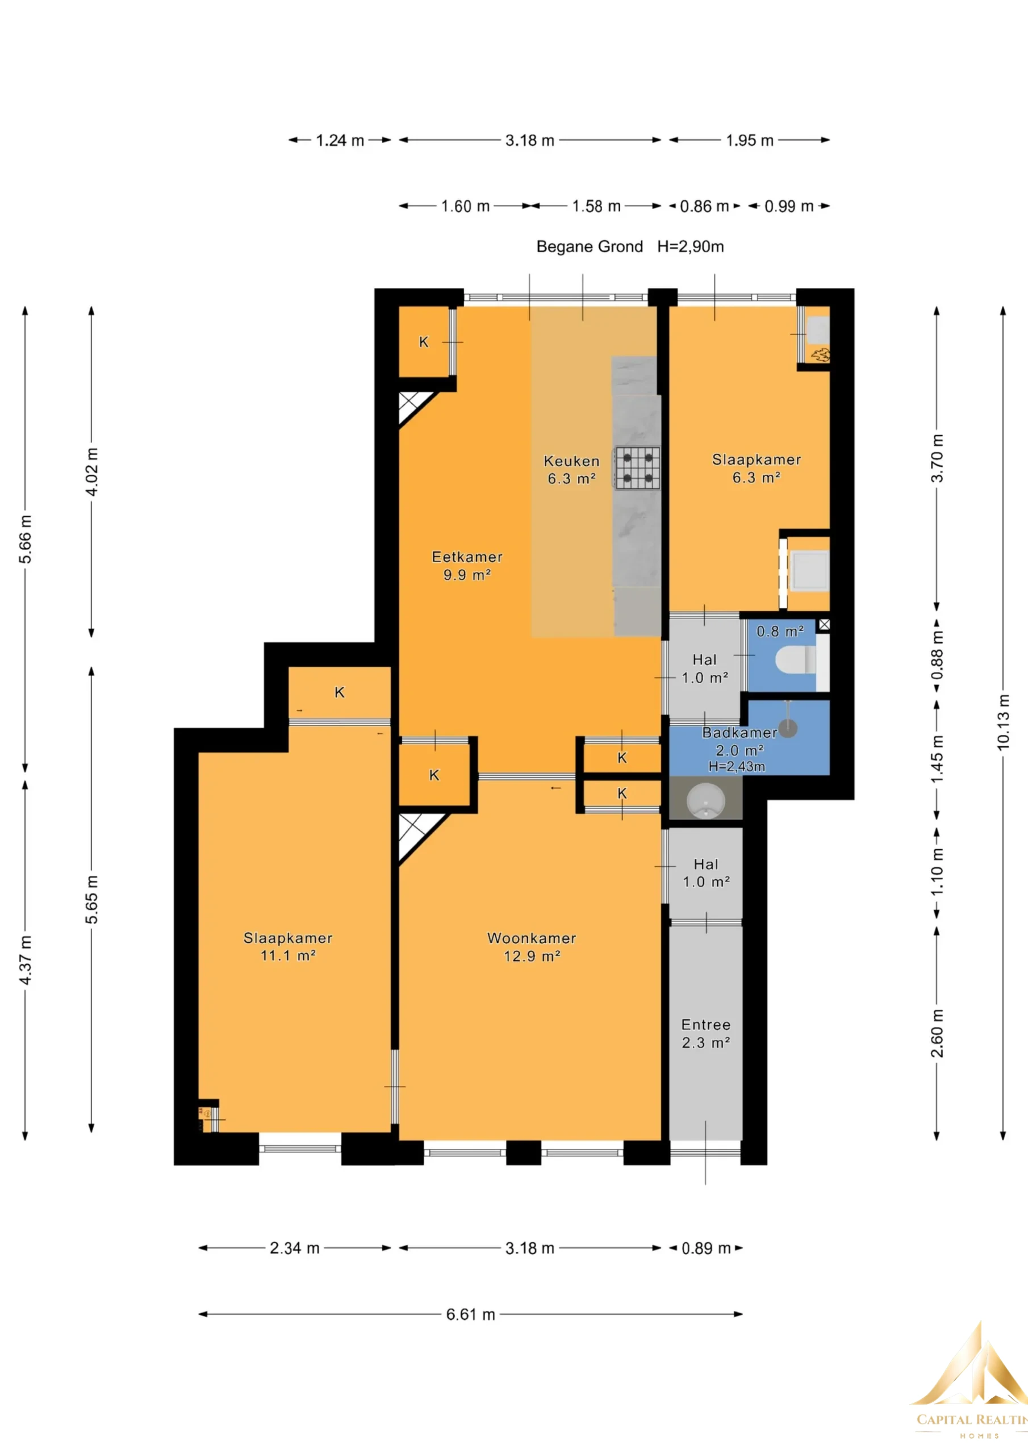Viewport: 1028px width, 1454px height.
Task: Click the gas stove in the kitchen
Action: coord(637,467)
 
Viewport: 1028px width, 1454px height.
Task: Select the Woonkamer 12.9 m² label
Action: coord(532,947)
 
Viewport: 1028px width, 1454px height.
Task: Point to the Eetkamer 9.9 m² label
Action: coord(467,566)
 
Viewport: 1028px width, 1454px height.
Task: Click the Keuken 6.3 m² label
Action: coord(571,470)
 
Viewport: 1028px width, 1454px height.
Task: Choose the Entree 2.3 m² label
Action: coord(705,1034)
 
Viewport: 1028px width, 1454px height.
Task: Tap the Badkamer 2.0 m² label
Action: coord(739,742)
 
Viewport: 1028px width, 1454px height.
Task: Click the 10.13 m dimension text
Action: coord(1002,722)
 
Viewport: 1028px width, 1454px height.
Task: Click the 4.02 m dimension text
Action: coord(92,472)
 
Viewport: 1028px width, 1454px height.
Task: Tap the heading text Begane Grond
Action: coord(589,246)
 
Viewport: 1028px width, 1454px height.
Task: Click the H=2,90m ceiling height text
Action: coord(691,246)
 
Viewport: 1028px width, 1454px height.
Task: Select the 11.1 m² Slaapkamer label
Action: coord(287,947)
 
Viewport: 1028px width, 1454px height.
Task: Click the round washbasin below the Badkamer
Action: coord(705,800)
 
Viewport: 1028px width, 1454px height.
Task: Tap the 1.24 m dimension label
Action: coord(340,141)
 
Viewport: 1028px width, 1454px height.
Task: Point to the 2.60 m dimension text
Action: coord(938,1042)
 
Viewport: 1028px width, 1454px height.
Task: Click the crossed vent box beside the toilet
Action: coord(824,625)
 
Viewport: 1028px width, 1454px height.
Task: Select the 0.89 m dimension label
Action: coord(706,1248)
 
